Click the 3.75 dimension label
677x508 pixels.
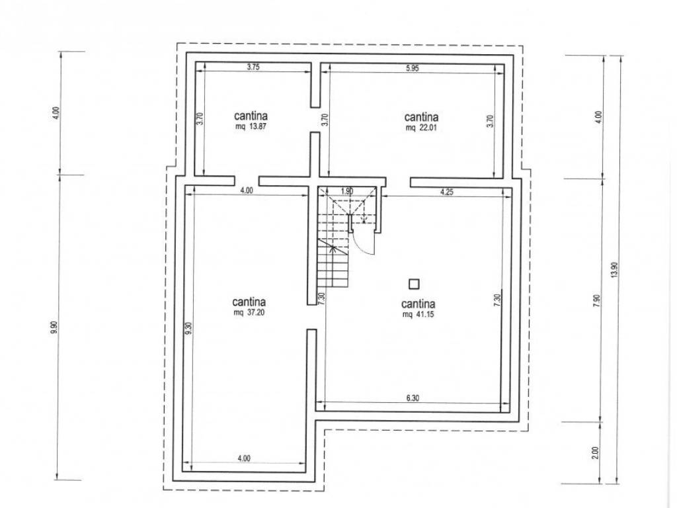point(253,67)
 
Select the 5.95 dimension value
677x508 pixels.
point(413,68)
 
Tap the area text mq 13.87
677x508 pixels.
point(251,127)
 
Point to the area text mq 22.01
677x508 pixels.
point(422,128)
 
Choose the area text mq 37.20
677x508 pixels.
point(249,313)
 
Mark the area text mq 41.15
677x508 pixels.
point(418,314)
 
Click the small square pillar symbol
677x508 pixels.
point(414,284)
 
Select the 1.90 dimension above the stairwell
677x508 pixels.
point(347,191)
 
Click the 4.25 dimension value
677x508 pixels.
point(447,192)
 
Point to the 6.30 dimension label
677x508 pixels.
point(413,398)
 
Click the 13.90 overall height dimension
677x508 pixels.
point(615,271)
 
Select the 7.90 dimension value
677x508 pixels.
point(596,301)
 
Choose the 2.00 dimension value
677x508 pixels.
point(596,452)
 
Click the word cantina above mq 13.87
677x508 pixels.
point(251,116)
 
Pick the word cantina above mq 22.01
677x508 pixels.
point(421,117)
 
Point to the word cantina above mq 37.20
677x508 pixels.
point(249,302)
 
